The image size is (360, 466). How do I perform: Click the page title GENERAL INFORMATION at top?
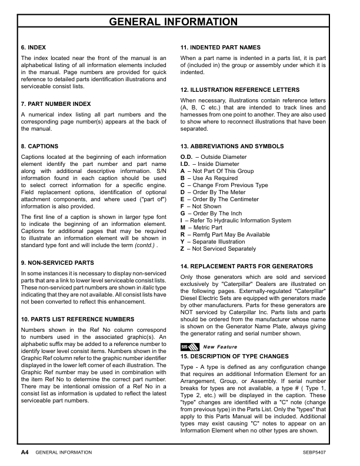(179, 22)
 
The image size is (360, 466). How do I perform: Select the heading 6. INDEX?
(34, 46)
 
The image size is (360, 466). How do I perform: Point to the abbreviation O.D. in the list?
(186, 157)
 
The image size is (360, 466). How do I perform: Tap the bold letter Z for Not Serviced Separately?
(182, 249)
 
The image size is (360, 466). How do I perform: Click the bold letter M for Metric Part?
(183, 228)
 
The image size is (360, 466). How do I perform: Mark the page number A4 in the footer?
(24, 452)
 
